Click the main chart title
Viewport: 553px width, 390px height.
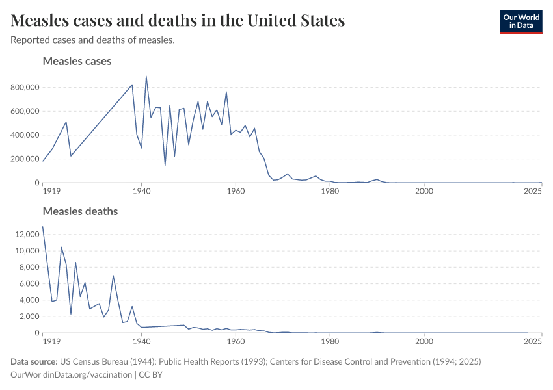(x=178, y=21)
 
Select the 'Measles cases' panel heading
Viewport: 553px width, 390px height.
(x=77, y=61)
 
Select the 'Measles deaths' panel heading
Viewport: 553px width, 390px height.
(x=80, y=211)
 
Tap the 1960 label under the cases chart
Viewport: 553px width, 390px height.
(x=236, y=191)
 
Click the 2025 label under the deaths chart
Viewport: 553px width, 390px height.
(x=533, y=341)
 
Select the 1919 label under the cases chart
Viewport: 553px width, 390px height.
(x=51, y=191)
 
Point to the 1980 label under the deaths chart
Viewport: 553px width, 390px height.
(x=330, y=341)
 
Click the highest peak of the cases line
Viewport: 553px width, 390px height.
(x=146, y=76)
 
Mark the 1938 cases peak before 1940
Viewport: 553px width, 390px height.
(x=132, y=84)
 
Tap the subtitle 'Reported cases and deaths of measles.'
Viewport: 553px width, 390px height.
(x=92, y=40)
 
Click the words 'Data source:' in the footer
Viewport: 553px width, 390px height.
(x=34, y=361)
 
